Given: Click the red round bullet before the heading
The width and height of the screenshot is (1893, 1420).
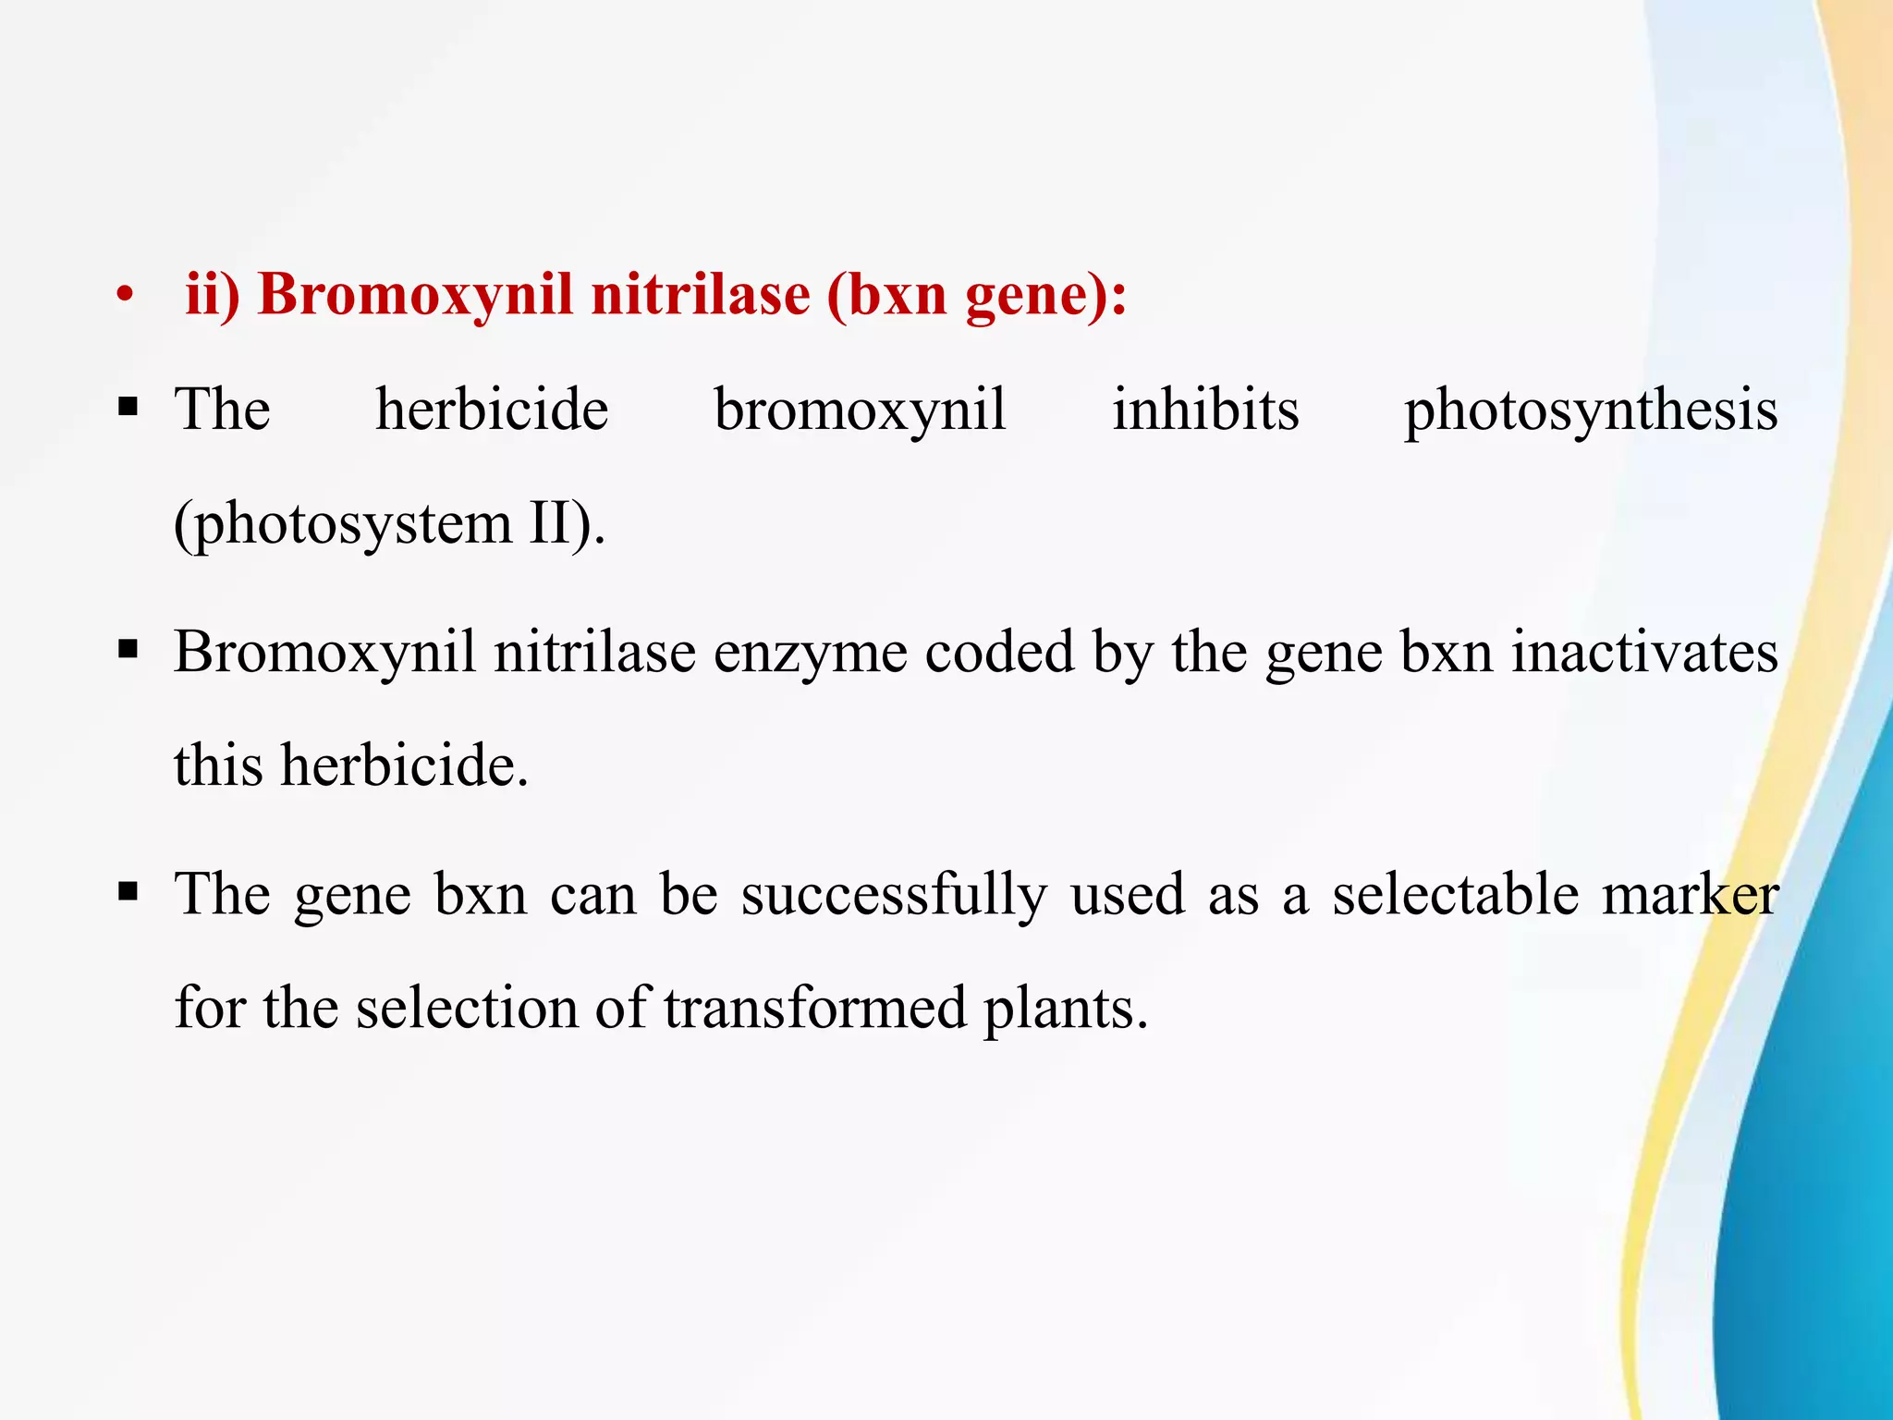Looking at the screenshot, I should (126, 297).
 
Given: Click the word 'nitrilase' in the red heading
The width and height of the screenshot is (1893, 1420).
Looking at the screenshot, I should (700, 295).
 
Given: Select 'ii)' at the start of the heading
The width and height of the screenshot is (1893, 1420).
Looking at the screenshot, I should (213, 295).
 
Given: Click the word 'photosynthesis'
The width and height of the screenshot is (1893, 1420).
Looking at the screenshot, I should (1591, 411).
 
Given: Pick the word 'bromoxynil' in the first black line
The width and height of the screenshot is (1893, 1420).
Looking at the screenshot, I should (860, 411).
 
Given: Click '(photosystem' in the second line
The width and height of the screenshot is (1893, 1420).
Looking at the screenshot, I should (342, 525).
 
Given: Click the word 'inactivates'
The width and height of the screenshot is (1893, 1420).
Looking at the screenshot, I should (1644, 652).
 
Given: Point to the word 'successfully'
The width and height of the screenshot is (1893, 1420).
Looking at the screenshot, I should (894, 896).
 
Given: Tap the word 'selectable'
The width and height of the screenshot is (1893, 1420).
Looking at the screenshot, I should (1456, 894).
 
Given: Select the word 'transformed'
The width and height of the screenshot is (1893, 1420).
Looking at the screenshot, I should (814, 1008).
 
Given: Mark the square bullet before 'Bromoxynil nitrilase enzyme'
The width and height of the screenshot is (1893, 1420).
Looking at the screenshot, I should (128, 649).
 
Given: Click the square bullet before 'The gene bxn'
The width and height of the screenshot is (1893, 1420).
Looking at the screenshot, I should (128, 892).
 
